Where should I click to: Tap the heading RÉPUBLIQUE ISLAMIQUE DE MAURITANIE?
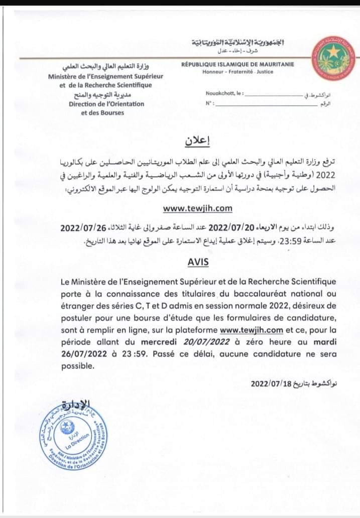coord(238,64)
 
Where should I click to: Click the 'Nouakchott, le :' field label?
coord(224,94)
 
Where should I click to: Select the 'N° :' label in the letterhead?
coord(210,103)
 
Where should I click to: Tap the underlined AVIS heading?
coord(185,262)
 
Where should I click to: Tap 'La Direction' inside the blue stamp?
coord(76,440)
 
